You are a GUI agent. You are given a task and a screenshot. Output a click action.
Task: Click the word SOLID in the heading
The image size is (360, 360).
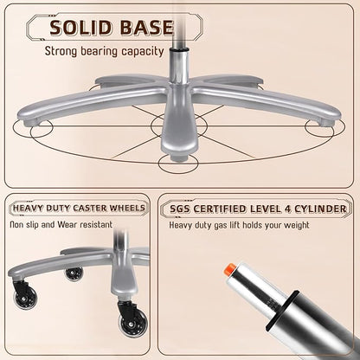click(80, 28)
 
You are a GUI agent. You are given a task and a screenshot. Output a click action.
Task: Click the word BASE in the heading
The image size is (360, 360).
click(146, 28)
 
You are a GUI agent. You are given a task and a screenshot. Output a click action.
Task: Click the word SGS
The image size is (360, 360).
click(180, 209)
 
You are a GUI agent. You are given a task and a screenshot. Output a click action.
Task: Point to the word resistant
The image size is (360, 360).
click(96, 224)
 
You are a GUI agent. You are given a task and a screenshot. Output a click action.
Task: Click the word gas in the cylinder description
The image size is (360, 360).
click(221, 225)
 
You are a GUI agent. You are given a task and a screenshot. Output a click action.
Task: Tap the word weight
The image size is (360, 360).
click(297, 225)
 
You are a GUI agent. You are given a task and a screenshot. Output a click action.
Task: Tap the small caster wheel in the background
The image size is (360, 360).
click(74, 273)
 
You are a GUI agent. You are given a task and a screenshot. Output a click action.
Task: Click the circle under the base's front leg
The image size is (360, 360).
click(178, 164)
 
